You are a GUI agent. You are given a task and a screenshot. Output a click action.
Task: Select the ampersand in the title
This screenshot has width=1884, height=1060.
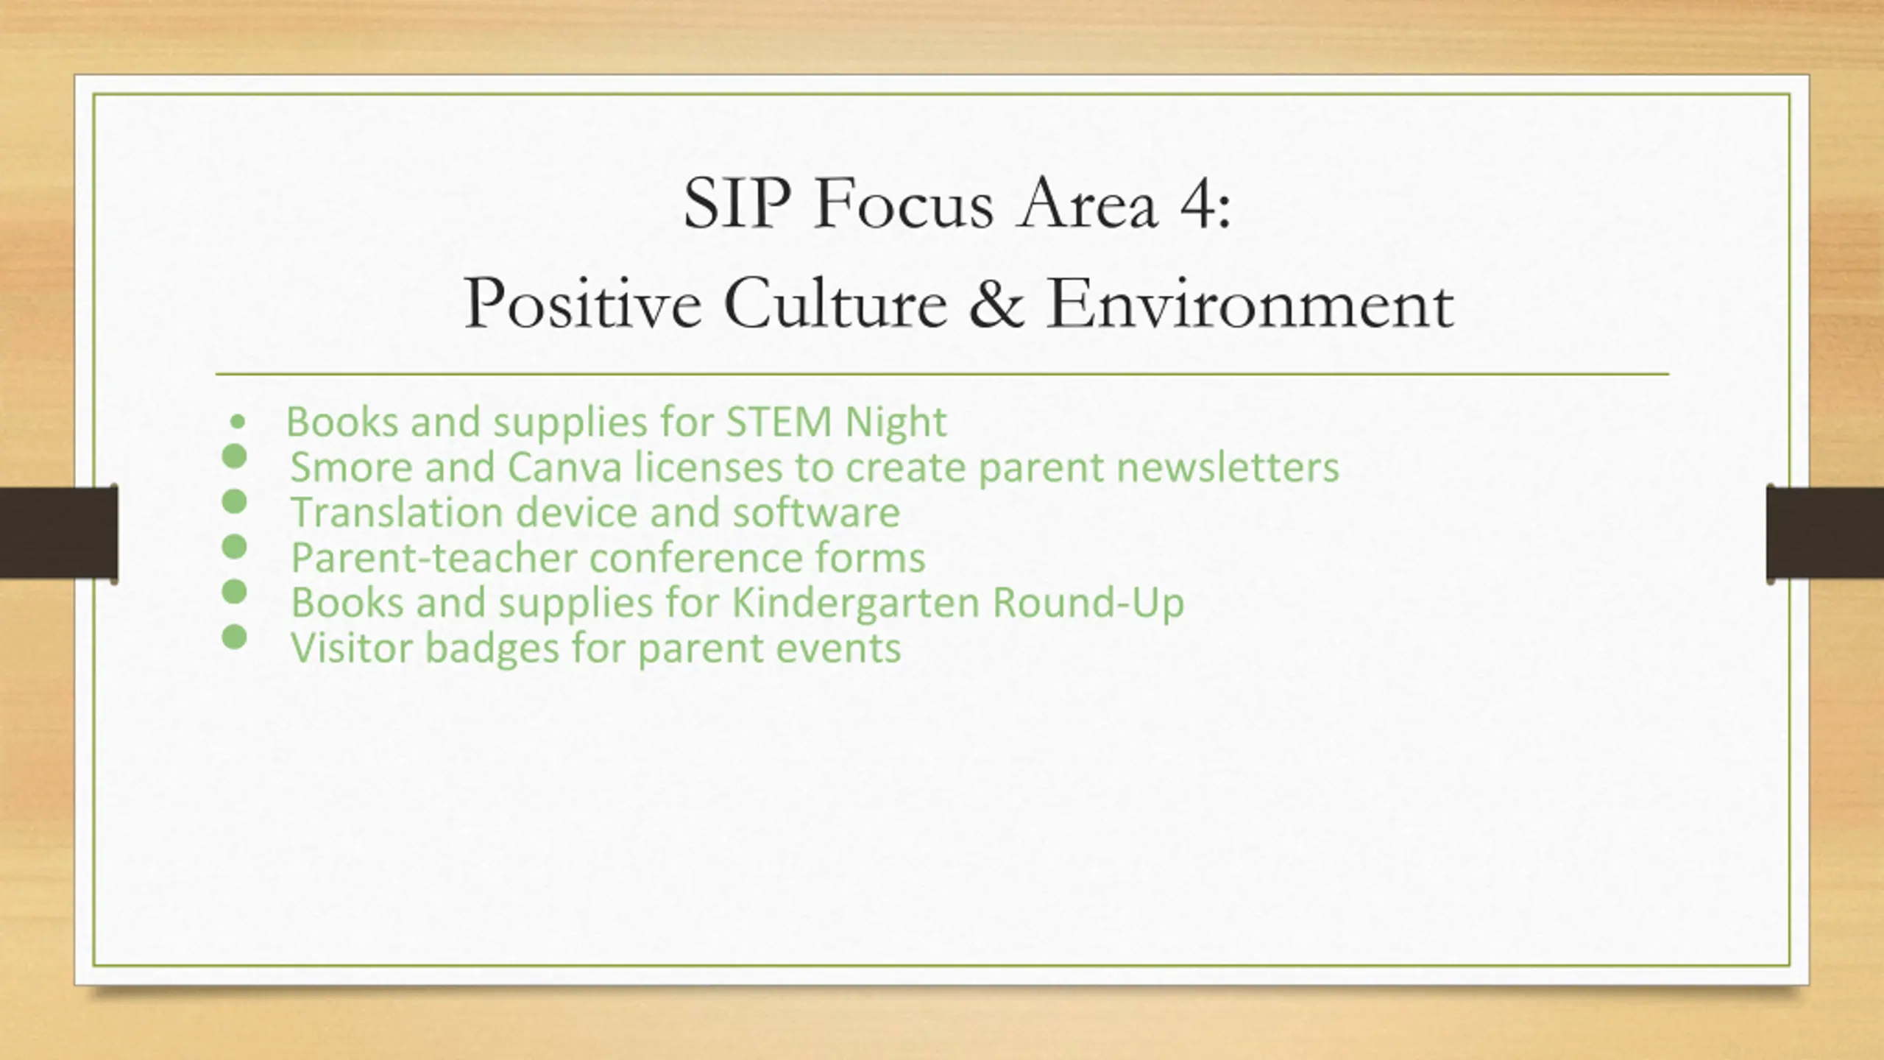[x=996, y=303]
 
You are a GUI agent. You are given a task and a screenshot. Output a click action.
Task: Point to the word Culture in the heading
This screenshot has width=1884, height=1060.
[x=835, y=303]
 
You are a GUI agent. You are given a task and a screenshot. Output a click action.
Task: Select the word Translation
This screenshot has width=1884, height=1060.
[x=397, y=512]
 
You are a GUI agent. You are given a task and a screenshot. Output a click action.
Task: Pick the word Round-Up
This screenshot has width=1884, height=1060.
[x=1088, y=602]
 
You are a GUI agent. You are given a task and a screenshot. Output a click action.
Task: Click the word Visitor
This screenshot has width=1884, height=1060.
[x=353, y=648]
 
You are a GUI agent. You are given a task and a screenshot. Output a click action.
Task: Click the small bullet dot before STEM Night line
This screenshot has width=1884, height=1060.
[x=237, y=423]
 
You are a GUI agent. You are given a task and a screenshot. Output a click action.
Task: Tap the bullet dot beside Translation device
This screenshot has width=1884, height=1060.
[x=234, y=501]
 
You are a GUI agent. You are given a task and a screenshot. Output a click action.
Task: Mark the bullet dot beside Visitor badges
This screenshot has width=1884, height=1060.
[x=234, y=637]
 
